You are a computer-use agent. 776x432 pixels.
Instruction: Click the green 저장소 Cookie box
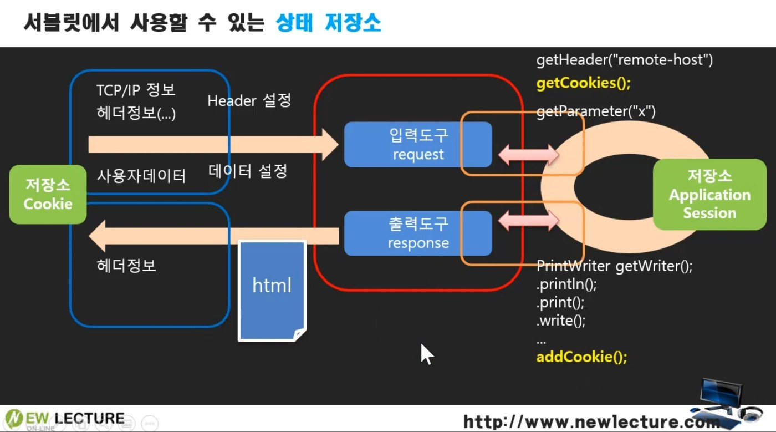(x=48, y=194)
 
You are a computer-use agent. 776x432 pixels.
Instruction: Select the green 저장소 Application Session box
(x=709, y=195)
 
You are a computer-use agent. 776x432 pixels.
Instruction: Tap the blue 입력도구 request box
(x=418, y=145)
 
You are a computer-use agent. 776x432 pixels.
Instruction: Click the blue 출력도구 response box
(x=418, y=233)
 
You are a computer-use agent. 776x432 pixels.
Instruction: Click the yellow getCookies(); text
(x=584, y=83)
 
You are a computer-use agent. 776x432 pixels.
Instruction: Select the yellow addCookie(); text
(x=581, y=357)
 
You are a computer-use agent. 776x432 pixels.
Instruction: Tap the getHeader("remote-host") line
(x=624, y=60)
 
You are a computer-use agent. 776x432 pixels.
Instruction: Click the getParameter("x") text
(x=596, y=112)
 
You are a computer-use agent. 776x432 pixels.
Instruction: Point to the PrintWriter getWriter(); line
(x=614, y=266)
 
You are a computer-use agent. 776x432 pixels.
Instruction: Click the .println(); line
(x=559, y=284)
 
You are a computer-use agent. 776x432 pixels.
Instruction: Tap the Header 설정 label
(x=249, y=100)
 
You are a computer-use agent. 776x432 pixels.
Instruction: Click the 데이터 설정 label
(x=248, y=171)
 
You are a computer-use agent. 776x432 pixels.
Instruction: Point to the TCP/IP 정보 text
(x=136, y=90)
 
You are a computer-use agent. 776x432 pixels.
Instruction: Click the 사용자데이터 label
(x=141, y=176)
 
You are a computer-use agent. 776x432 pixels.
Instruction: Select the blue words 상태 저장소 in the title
(x=328, y=23)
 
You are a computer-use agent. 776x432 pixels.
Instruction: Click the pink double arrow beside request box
(x=528, y=155)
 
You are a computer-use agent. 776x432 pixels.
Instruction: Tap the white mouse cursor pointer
(x=426, y=354)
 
